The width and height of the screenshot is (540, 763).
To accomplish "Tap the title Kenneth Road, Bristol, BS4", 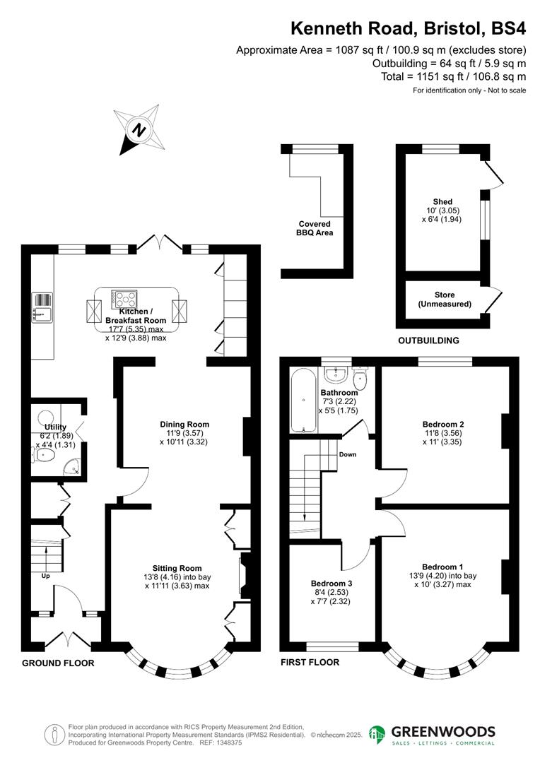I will tap(409, 28).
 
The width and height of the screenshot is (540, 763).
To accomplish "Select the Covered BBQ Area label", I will tap(315, 228).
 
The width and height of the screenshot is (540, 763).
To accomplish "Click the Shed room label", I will tap(442, 202).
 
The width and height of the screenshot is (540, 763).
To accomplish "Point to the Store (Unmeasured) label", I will tap(445, 300).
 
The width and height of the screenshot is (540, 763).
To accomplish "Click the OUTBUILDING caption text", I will tap(428, 341).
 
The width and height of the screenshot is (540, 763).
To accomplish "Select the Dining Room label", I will tap(184, 425).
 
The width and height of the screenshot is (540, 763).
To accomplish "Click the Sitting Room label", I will tap(177, 568).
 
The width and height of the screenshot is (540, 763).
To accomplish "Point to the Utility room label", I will tap(56, 427).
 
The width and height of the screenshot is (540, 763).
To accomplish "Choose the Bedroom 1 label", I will tap(442, 567).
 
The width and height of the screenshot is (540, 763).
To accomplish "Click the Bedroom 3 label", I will tap(331, 584).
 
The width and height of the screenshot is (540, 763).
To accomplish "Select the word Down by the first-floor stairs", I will tap(347, 454).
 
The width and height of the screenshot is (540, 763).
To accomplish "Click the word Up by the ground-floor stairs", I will tap(45, 576).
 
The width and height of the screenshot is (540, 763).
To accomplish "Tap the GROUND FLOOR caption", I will tap(58, 663).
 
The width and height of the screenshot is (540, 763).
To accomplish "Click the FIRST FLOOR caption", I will tap(310, 663).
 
